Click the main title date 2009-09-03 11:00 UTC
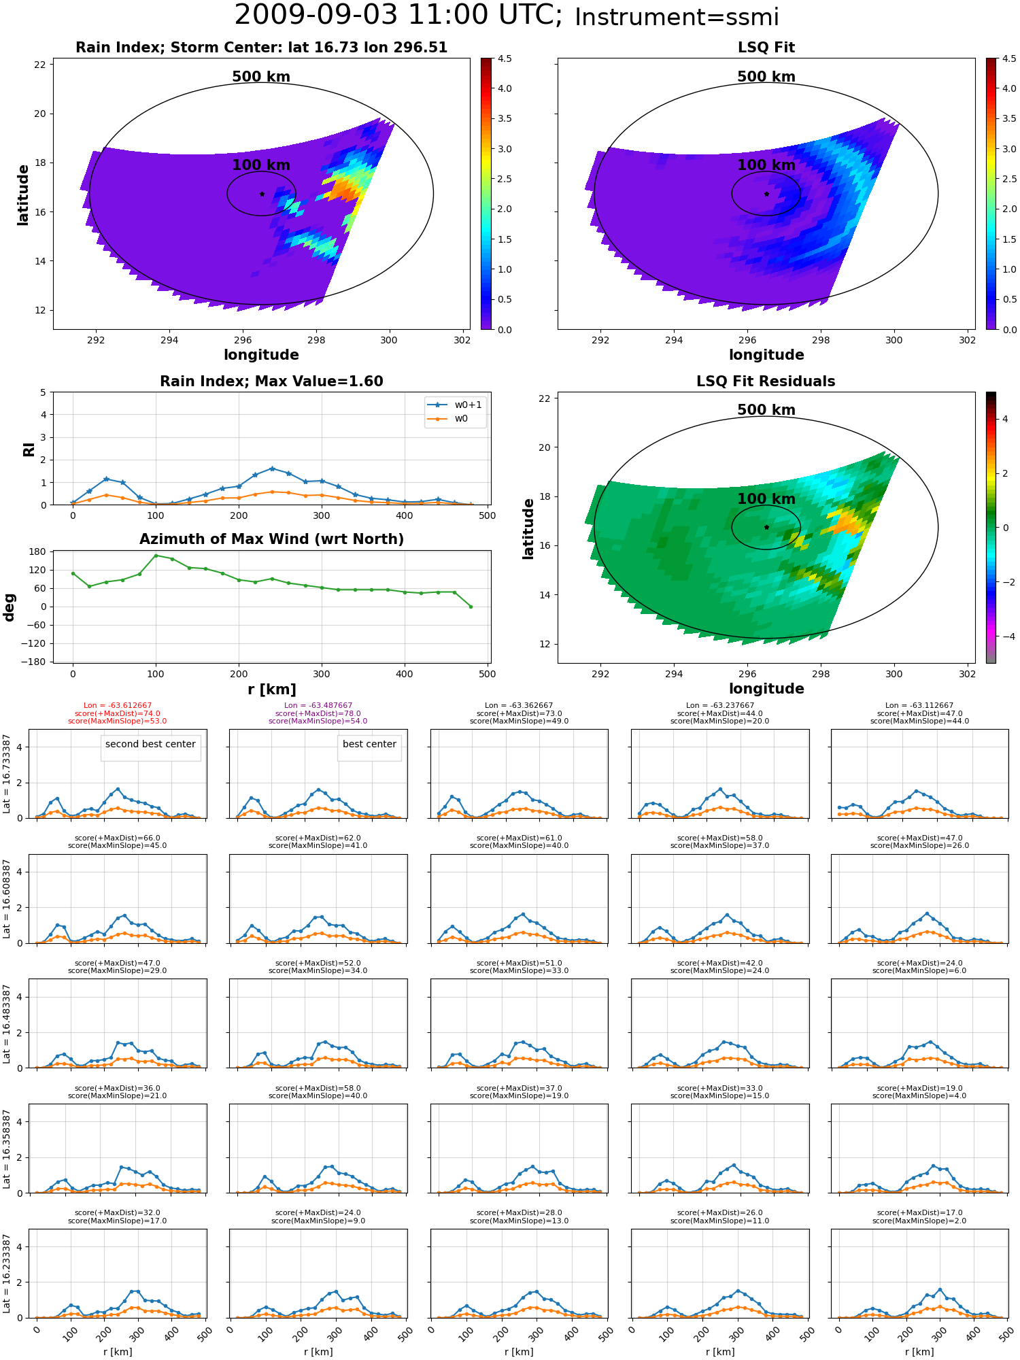[x=398, y=16]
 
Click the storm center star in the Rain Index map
[x=262, y=194]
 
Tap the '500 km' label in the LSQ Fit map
[x=766, y=77]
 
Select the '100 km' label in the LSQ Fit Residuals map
[x=766, y=499]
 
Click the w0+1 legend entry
[x=455, y=405]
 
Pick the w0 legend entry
[x=448, y=419]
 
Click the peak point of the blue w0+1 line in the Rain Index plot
[x=272, y=469]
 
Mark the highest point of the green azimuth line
[x=156, y=556]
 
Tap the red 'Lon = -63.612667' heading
[x=118, y=706]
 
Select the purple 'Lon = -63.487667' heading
[x=318, y=706]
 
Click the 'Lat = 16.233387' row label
[x=7, y=1274]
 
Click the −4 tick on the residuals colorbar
[x=1004, y=636]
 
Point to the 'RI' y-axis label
[x=29, y=449]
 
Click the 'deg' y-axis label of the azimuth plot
[x=10, y=607]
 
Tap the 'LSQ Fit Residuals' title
[x=766, y=381]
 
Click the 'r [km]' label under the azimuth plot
[x=272, y=690]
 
